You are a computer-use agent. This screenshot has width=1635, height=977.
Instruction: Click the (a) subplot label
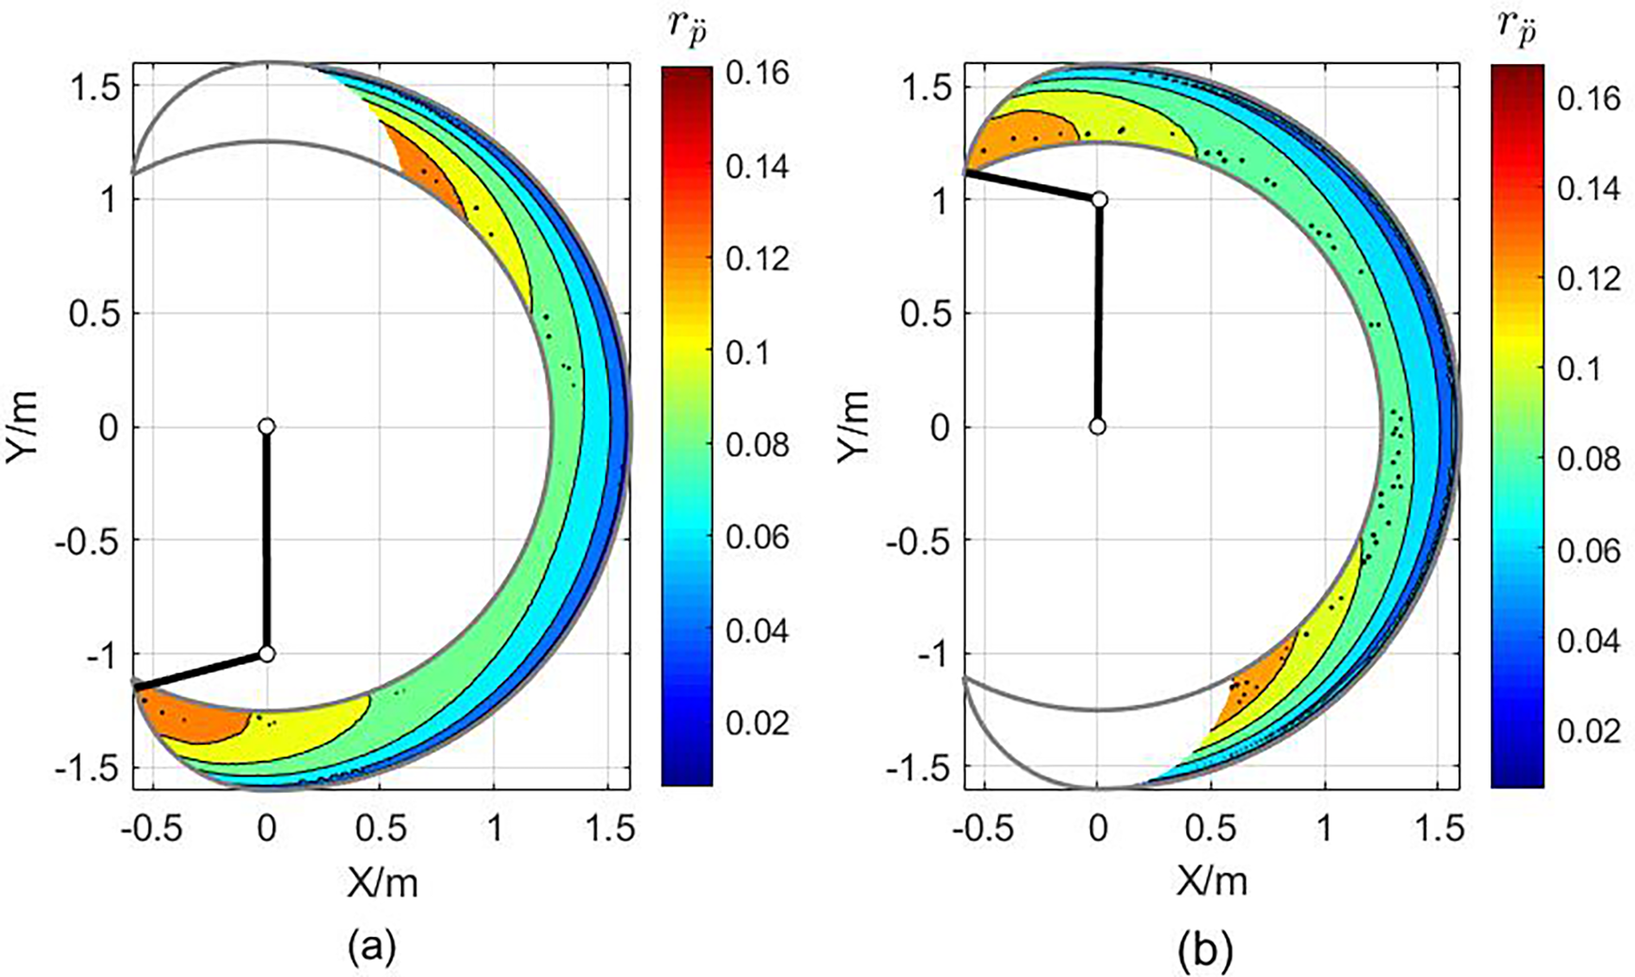tap(372, 948)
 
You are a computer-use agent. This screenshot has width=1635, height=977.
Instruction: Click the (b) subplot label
tap(1204, 951)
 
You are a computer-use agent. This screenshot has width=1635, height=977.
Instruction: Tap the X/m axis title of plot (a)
tap(382, 883)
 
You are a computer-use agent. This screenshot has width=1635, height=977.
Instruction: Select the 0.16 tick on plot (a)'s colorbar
tap(757, 72)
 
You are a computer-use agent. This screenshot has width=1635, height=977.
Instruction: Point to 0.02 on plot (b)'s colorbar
tap(1588, 731)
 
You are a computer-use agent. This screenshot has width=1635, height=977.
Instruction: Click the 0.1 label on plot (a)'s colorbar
tap(747, 353)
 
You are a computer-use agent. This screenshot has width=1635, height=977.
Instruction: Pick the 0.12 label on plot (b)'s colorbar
tap(1588, 278)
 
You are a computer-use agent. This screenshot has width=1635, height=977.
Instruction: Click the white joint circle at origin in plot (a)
tap(266, 426)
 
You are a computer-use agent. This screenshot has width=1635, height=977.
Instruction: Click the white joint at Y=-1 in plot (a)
tap(266, 654)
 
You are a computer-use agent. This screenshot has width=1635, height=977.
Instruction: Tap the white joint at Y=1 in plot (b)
tap(1099, 200)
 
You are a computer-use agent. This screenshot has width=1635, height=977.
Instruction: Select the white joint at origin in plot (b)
tap(1098, 426)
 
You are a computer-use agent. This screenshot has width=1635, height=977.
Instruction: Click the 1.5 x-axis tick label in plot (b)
tap(1437, 828)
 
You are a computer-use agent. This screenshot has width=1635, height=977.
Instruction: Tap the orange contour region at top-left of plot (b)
tap(1021, 138)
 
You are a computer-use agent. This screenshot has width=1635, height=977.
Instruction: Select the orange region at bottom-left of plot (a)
tap(195, 719)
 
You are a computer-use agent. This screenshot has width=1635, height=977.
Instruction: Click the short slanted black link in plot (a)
tap(202, 671)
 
